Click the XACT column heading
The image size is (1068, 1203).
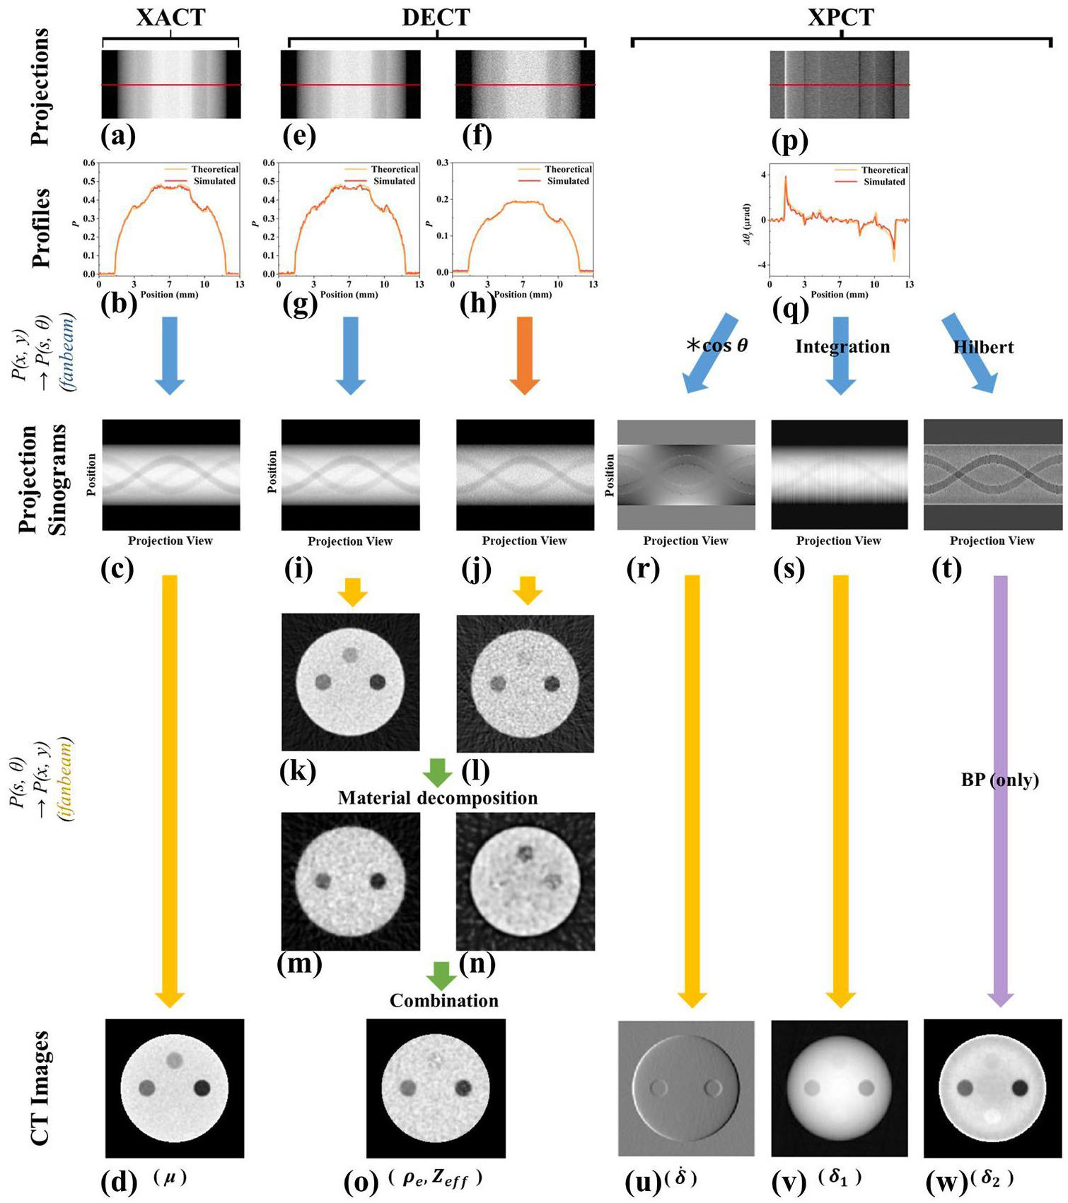(170, 17)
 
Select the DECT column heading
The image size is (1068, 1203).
(436, 17)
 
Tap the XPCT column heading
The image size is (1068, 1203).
(841, 17)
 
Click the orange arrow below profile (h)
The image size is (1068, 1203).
(524, 356)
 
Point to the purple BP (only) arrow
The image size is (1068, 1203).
(1000, 791)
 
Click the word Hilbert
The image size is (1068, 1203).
(983, 347)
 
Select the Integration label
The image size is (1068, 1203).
(842, 346)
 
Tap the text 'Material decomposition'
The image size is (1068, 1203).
(438, 798)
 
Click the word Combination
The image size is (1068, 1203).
(444, 1001)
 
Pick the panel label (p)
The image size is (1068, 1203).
(790, 140)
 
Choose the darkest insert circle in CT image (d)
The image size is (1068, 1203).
(203, 1088)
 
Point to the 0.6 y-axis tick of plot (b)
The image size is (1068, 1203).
(89, 163)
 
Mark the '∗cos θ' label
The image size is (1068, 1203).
(716, 346)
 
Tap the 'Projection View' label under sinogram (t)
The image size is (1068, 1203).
(992, 541)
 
